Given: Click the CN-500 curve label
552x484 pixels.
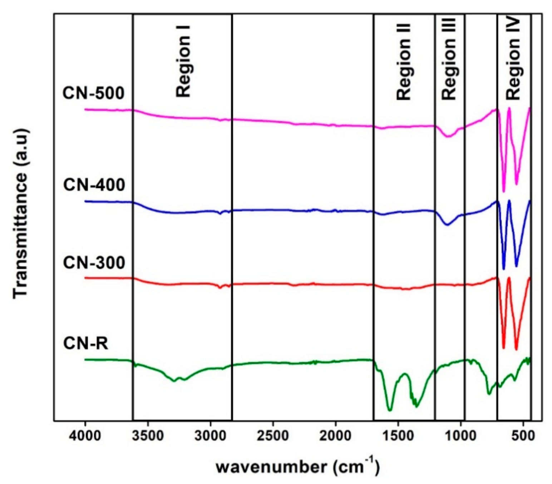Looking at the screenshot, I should pyautogui.click(x=93, y=93).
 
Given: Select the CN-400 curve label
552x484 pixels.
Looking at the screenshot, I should pyautogui.click(x=94, y=185).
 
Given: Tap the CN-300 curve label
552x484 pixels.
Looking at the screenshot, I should pyautogui.click(x=94, y=263).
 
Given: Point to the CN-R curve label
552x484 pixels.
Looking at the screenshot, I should pyautogui.click(x=85, y=344).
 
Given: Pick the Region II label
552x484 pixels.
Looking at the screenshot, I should pyautogui.click(x=404, y=62).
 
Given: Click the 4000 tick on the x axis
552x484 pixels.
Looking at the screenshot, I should pyautogui.click(x=85, y=436).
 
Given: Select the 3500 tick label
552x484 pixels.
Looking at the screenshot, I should pyautogui.click(x=148, y=436).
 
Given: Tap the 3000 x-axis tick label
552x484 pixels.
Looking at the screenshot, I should pyautogui.click(x=210, y=436).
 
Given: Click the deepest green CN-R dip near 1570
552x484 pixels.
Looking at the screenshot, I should pyautogui.click(x=390, y=410).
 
